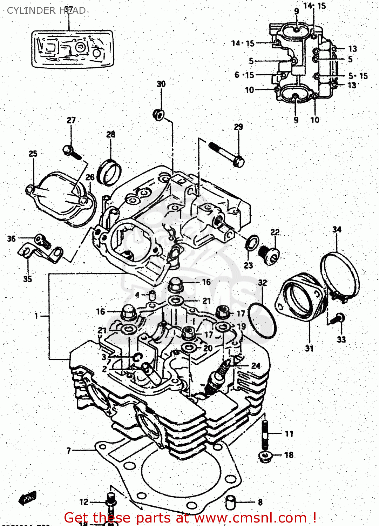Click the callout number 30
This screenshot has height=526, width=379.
coord(161,84)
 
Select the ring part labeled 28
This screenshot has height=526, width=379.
coord(110,173)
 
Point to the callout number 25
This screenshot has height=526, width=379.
coord(33,154)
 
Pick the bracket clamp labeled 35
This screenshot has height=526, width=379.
coord(39,253)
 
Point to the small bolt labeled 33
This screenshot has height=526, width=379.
coord(338,319)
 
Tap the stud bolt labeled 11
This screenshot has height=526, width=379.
coord(265,434)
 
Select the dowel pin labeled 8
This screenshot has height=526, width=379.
coord(230,503)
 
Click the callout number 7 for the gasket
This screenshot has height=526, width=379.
coord(69,451)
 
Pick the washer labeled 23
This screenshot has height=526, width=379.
coord(252,243)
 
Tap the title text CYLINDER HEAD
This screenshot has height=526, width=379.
coord(46,11)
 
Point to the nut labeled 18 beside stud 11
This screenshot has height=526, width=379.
coord(265,456)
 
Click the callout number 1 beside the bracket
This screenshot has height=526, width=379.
coord(36,316)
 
